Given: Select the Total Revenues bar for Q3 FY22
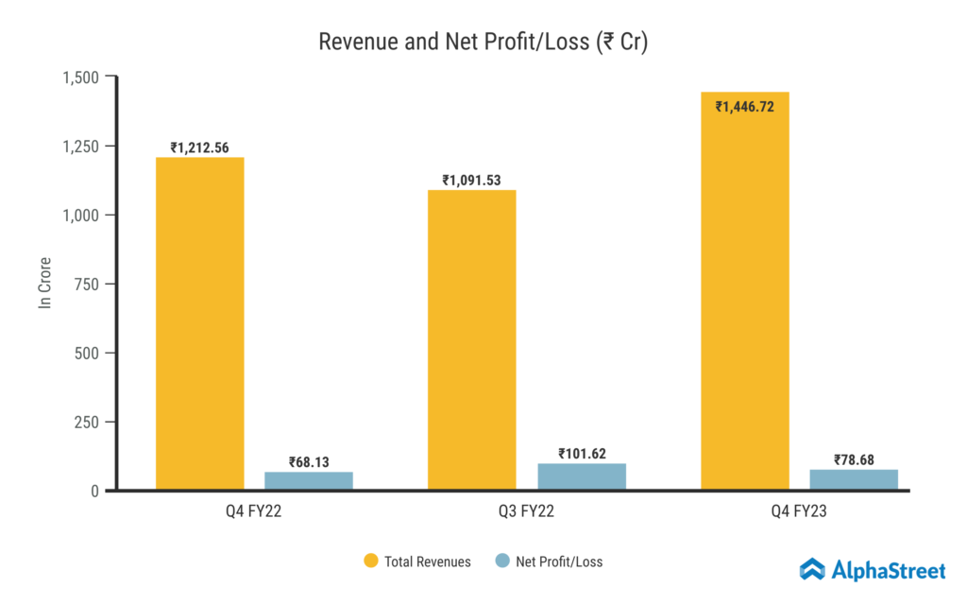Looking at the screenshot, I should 472,340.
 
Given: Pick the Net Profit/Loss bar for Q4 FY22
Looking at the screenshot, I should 309,480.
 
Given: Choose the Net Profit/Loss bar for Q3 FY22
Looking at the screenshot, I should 582,476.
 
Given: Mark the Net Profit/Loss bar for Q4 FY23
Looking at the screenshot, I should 854,479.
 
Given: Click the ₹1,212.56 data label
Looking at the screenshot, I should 199,147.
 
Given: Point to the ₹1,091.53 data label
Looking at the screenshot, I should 471,180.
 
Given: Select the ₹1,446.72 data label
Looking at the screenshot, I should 744,107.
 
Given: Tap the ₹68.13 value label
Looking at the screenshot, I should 309,462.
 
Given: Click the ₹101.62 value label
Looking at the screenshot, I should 582,454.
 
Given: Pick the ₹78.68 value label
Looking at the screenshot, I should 854,460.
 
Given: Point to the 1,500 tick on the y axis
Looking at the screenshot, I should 81,77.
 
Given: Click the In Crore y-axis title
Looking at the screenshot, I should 44,284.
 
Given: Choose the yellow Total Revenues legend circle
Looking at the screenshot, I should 371,562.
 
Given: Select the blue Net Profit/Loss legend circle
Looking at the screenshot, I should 502,562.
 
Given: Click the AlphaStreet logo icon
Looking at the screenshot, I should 812,569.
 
